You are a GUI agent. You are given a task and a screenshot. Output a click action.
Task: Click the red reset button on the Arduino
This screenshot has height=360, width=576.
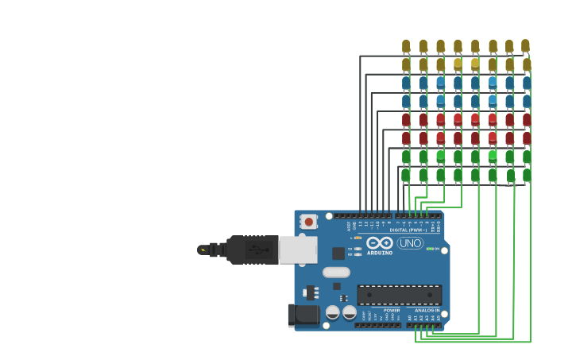308,221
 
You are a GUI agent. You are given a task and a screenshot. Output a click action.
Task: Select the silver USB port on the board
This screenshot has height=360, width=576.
298,250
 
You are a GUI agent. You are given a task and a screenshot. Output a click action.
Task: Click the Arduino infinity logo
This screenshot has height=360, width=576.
380,242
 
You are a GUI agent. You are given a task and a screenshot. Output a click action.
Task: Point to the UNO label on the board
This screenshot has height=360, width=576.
410,242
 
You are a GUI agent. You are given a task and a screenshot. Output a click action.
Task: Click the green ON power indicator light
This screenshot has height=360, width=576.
430,249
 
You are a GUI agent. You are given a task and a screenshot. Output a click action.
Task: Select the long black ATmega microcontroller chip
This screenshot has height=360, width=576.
399,295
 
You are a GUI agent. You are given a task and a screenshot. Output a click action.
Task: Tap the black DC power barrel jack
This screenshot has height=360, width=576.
304,315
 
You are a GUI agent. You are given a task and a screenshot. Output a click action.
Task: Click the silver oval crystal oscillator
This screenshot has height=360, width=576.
336,272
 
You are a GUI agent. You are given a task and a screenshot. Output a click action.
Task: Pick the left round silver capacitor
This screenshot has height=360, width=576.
333,312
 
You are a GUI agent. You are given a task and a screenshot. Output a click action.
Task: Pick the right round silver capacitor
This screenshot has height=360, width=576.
350,312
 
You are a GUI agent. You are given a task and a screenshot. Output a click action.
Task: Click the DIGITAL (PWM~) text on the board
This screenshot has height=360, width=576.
408,230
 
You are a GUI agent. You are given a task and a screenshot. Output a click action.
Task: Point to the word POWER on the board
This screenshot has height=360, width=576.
392,310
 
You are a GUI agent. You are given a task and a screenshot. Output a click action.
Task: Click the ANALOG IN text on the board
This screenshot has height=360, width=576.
426,310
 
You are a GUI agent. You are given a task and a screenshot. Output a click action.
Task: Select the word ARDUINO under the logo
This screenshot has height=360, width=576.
380,253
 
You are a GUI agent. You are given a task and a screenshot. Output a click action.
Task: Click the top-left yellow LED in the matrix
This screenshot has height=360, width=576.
406,46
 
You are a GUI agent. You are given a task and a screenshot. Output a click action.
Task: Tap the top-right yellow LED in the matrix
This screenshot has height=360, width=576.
525,46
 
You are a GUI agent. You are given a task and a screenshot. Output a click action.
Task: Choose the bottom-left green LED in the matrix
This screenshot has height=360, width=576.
406,174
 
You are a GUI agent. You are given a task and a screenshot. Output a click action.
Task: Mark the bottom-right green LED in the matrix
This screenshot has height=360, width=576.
526,174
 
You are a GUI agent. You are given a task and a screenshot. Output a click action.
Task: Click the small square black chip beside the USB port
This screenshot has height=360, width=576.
338,254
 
